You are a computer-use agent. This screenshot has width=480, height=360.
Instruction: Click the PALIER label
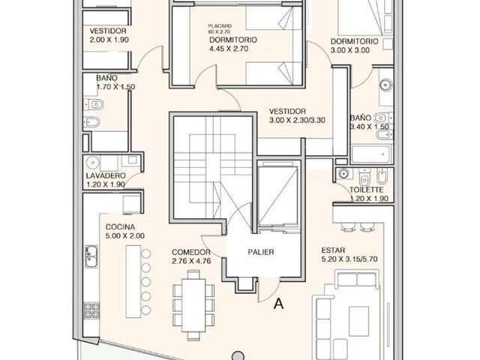coord(261,252)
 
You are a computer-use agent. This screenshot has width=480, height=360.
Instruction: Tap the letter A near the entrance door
coord(279,304)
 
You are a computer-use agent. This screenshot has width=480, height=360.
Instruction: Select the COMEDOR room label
coord(191,252)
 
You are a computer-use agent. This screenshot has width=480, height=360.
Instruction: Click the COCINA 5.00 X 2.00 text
coord(125,232)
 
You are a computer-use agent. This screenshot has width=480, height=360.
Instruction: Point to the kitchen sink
coord(91,256)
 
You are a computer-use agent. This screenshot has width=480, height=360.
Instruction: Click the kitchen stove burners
coord(91,310)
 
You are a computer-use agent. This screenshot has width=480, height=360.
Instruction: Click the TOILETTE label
coord(367,190)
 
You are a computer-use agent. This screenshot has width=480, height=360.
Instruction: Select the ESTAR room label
coord(333,250)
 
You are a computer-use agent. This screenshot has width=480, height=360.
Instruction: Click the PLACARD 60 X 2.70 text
coord(220,28)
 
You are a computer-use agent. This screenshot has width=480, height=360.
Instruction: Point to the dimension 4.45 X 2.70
coord(229,49)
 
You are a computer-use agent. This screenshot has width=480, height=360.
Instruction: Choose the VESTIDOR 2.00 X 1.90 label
coord(109,35)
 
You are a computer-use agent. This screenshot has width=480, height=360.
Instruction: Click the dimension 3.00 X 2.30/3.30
coord(297,120)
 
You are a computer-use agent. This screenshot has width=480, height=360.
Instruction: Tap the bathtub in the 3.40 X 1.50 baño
coord(371,154)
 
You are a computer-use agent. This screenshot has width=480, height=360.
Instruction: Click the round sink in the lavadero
coord(92,162)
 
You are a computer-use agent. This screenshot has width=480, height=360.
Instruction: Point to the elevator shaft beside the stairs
coord(278,196)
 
